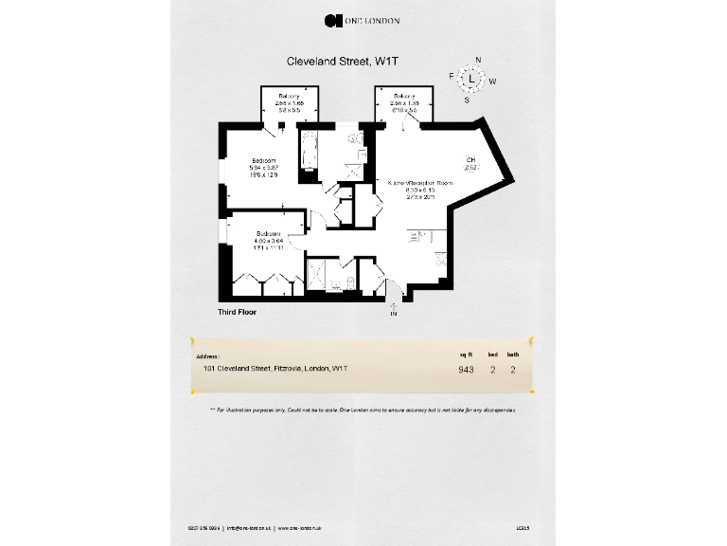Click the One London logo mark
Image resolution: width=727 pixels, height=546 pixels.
pos(331,20)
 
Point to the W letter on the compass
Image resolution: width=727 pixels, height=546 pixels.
pos(492,82)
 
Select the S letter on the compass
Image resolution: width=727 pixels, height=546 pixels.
pos(467,99)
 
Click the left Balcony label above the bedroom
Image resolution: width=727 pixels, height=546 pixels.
pos(290,97)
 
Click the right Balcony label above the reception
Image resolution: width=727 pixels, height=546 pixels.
pos(404,97)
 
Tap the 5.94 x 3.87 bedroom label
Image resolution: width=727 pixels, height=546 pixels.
pos(263,167)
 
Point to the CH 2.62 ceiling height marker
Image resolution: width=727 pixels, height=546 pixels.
pos(470,163)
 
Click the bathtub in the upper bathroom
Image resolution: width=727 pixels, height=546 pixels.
pos(308,152)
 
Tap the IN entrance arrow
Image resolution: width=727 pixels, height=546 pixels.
pos(394,309)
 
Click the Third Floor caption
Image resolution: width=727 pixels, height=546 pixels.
pos(238,311)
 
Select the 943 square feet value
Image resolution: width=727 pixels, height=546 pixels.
pos(466,370)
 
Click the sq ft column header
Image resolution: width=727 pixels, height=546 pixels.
pos(465,354)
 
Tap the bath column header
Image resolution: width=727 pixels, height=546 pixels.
pos(513,354)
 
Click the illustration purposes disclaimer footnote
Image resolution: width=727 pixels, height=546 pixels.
pos(363,409)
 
